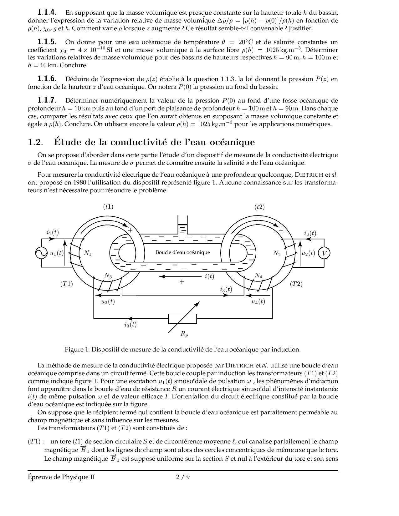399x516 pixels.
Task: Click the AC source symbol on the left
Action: pyautogui.click(x=41, y=253)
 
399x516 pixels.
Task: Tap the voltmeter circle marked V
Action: pyautogui.click(x=324, y=253)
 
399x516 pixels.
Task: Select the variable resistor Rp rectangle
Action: pyautogui.click(x=182, y=318)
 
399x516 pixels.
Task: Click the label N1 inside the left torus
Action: pyautogui.click(x=88, y=253)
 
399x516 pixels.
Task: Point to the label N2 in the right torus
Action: pyautogui.click(x=277, y=253)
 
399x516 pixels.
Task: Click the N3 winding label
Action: pyautogui.click(x=108, y=276)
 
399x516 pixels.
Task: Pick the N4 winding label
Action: pyautogui.click(x=258, y=276)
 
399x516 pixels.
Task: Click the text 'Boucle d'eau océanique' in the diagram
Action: pyautogui.click(x=183, y=252)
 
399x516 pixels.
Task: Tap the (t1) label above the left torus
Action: pyautogui.click(x=108, y=207)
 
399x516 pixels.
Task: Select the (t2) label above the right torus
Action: pyautogui.click(x=259, y=207)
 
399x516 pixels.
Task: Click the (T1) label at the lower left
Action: pyautogui.click(x=66, y=284)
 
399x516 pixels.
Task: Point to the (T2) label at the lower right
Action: pyautogui.click(x=296, y=284)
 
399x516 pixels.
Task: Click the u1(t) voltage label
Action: pyautogui.click(x=57, y=253)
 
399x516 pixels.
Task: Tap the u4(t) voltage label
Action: pyautogui.click(x=258, y=301)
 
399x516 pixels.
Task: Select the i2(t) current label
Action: pyautogui.click(x=310, y=233)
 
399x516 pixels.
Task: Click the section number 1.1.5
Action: pyautogui.click(x=47, y=42)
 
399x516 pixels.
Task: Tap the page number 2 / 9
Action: pyautogui.click(x=183, y=477)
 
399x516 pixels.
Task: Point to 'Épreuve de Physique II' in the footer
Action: pyautogui.click(x=61, y=477)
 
